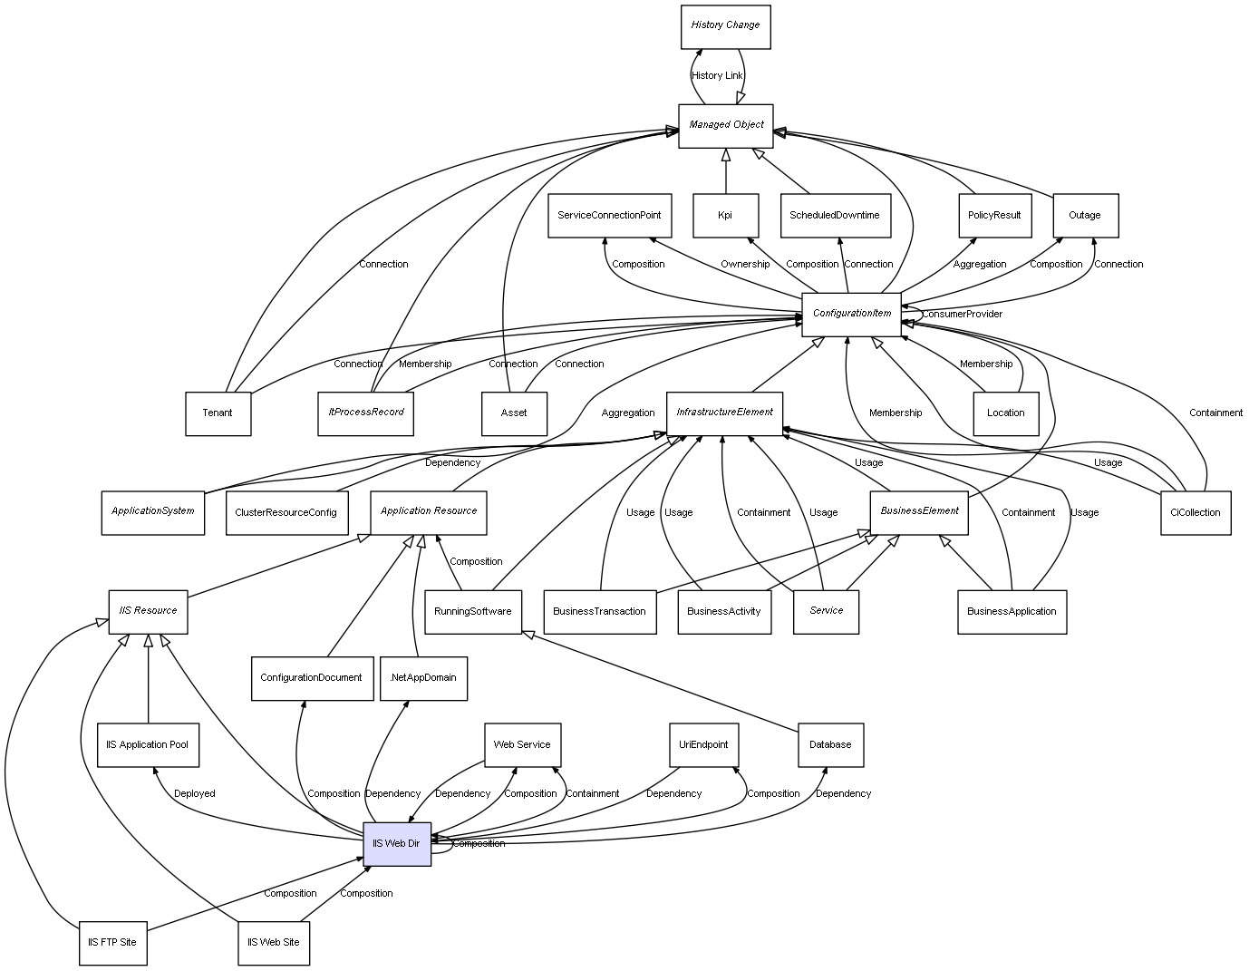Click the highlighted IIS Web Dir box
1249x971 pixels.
click(x=397, y=843)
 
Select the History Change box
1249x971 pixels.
click(x=725, y=26)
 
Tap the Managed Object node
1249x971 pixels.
click(x=726, y=125)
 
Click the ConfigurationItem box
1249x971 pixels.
click(x=851, y=314)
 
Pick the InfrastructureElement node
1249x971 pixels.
click(x=724, y=413)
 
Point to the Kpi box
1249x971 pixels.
click(x=725, y=216)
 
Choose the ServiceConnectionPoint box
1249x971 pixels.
click(x=609, y=216)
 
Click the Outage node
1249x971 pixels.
click(x=1085, y=216)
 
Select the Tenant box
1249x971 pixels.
click(x=218, y=413)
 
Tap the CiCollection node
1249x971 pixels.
click(x=1196, y=512)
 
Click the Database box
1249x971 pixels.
click(x=830, y=744)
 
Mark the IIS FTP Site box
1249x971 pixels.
click(x=112, y=943)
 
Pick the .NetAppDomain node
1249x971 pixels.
click(x=423, y=678)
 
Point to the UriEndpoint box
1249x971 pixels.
click(x=703, y=744)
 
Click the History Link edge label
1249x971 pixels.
click(x=717, y=76)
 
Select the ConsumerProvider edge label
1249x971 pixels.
click(x=962, y=315)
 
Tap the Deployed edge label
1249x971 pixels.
click(x=195, y=794)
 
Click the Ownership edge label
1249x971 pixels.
click(x=745, y=265)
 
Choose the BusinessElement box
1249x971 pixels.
click(x=919, y=512)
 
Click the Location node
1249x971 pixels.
click(x=1005, y=413)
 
